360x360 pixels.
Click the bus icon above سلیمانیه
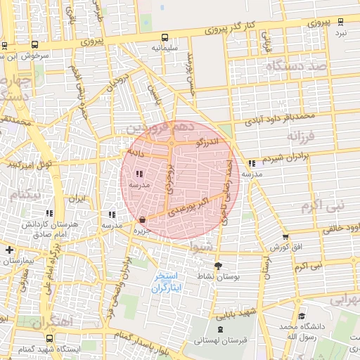[x=165, y=37]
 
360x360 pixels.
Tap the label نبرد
[x=340, y=33]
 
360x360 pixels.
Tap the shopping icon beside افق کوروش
[x=285, y=238]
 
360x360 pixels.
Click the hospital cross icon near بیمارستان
[x=8, y=250]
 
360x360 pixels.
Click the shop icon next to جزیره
[x=143, y=219]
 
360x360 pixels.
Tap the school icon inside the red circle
[x=139, y=173]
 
